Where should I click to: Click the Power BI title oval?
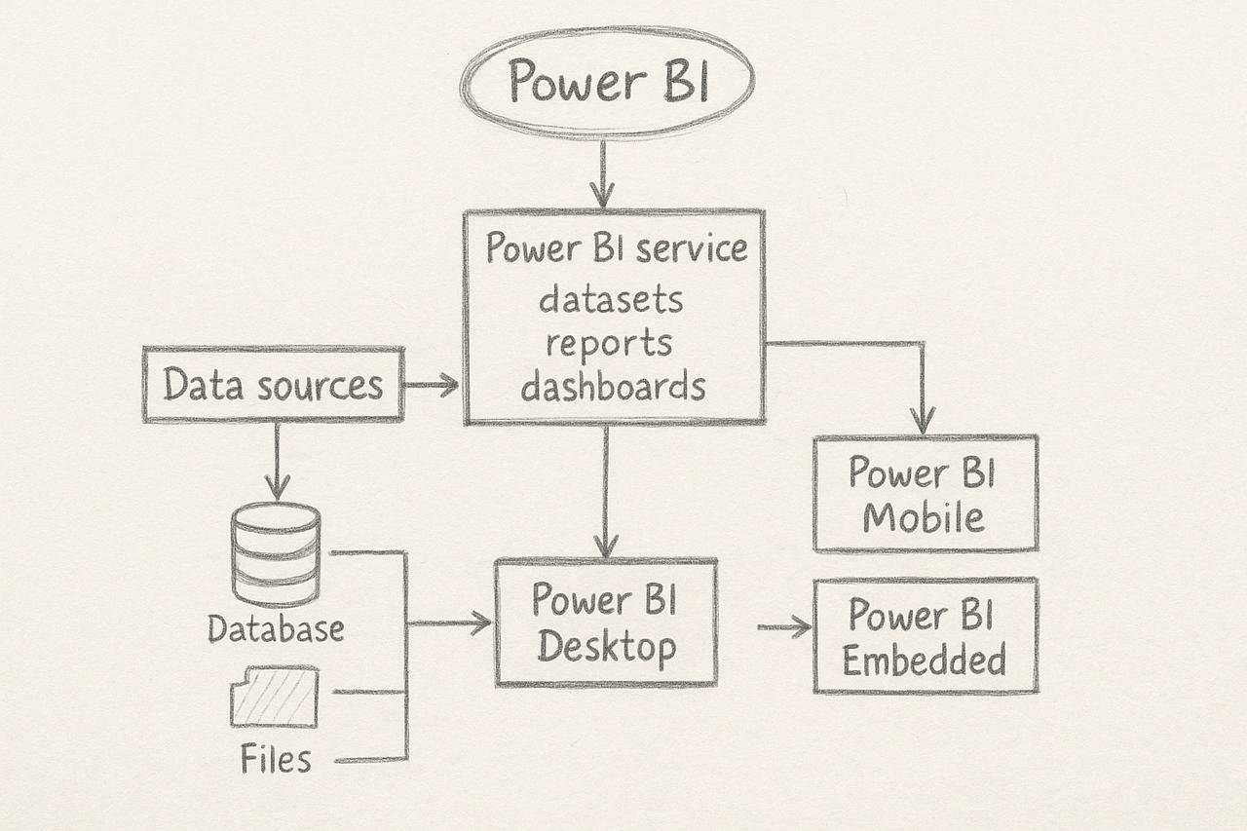point(607,82)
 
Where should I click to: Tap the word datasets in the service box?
point(611,299)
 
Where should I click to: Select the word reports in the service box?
point(609,343)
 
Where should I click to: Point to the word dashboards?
point(613,386)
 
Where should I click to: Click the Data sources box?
point(273,385)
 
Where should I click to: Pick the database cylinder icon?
point(276,555)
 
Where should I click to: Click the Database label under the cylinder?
point(276,628)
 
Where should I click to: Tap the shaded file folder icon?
point(275,696)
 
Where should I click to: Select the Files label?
point(276,758)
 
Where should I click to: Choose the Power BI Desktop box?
point(606,623)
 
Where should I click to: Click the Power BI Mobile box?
point(925,493)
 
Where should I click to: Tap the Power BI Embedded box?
point(925,636)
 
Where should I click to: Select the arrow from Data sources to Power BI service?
point(432,386)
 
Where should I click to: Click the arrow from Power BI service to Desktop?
point(606,492)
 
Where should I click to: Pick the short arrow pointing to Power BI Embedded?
point(784,627)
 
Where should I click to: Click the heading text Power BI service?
point(616,247)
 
